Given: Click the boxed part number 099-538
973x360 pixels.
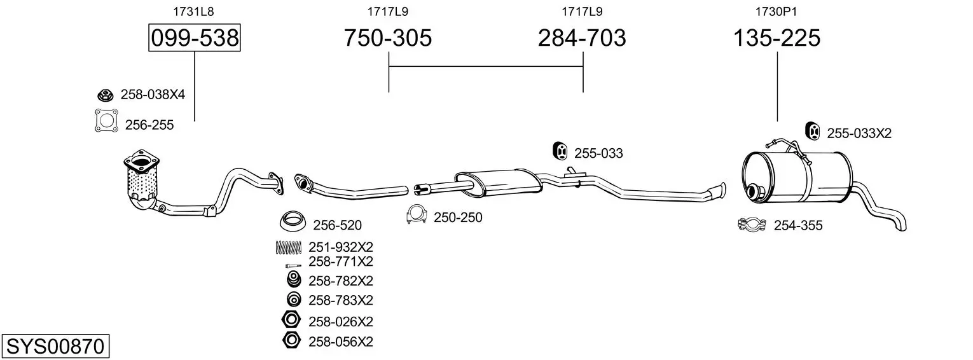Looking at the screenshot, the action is tap(194, 38).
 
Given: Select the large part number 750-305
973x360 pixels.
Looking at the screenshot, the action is tap(388, 38).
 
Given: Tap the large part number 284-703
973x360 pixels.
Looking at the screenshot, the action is tap(582, 38).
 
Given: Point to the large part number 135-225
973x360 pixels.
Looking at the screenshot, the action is tap(777, 38).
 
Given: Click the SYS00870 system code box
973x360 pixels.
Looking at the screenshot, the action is tap(55, 346).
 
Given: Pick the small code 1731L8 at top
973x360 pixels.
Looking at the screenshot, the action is tap(193, 11).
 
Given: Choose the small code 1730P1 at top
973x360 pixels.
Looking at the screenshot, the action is tap(776, 11).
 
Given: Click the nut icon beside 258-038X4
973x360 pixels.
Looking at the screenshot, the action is tap(105, 95).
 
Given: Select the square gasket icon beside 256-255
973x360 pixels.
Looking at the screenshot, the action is tap(106, 121).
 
